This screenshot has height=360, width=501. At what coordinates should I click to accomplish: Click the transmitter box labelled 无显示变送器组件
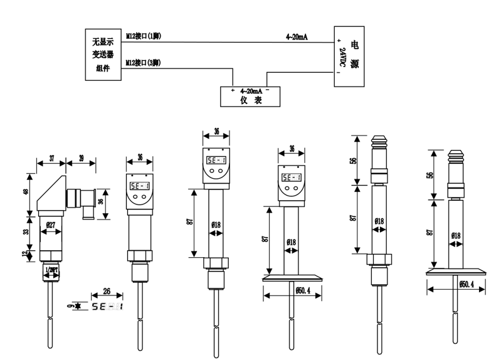pos(103,55)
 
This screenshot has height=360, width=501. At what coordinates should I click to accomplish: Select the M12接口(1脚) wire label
pos(143,36)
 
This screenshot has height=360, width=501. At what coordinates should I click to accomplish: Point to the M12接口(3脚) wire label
pos(143,63)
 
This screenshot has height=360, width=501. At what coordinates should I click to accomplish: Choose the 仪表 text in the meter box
pos(250,102)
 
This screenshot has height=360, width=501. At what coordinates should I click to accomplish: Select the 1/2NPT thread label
pos(51,270)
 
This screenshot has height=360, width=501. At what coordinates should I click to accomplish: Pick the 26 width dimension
pos(107,292)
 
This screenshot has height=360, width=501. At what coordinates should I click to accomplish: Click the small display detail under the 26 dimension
pos(107,307)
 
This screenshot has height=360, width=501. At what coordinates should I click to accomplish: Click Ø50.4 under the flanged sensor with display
pos(292,290)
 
